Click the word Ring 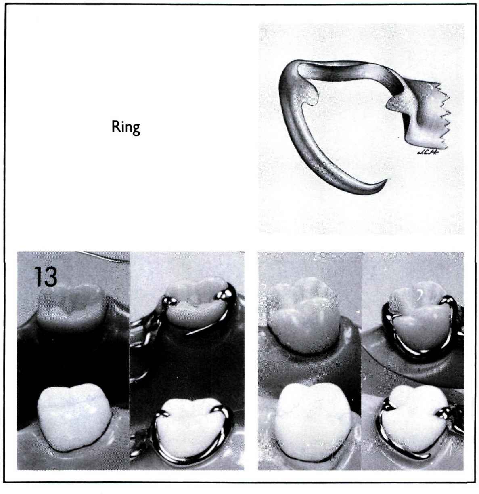[x=126, y=128]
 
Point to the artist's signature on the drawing [x=428, y=152]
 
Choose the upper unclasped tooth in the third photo [x=304, y=315]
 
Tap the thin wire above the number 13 [x=107, y=256]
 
